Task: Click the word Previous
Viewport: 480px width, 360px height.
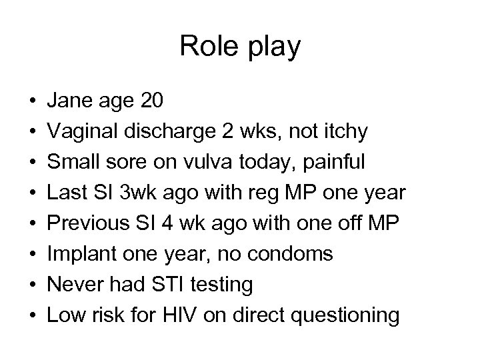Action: pos(86,223)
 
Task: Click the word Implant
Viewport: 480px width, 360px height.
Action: pos(77,253)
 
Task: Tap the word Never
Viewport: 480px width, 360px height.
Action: pos(71,284)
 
